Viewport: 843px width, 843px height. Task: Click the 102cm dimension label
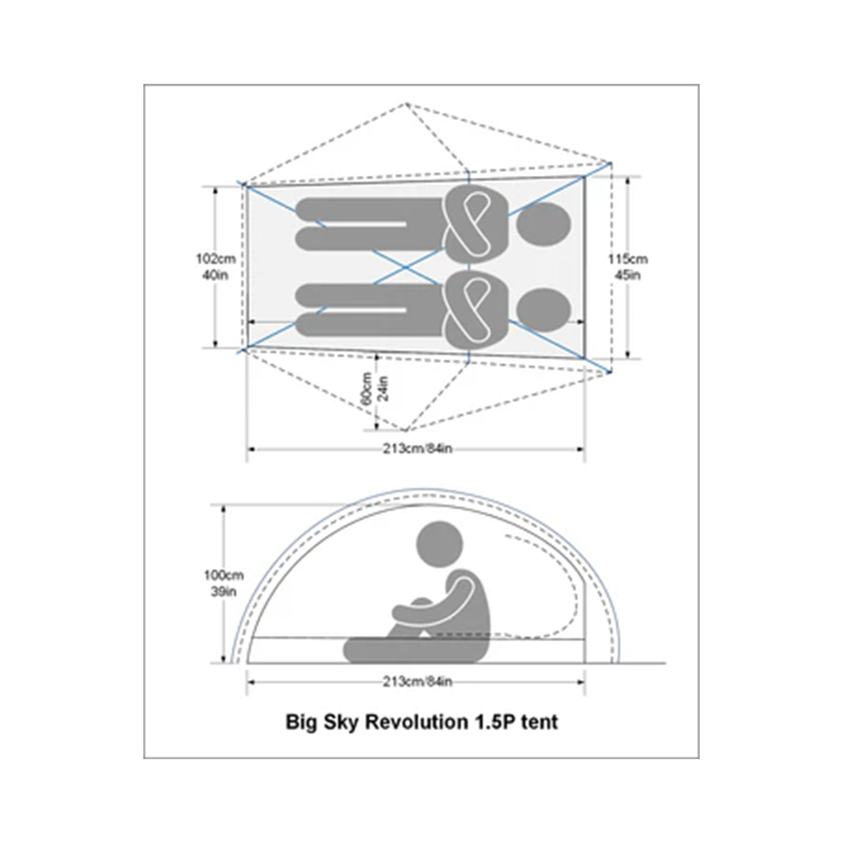[x=215, y=259]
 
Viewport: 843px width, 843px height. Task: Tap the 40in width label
[x=215, y=275]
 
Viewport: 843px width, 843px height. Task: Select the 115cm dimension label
[x=628, y=259]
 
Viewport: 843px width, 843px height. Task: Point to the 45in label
[x=628, y=275]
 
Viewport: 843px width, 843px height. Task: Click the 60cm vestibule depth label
[x=367, y=388]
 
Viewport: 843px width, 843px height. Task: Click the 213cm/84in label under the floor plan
[x=418, y=448]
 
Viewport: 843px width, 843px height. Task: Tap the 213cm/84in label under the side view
[x=418, y=682]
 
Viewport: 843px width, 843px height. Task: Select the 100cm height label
[x=224, y=575]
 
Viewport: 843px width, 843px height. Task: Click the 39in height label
[x=224, y=592]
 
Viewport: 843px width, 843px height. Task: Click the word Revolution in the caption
[x=416, y=722]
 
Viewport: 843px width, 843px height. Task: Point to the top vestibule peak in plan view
[x=406, y=103]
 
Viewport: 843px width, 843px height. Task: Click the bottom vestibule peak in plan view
[x=406, y=431]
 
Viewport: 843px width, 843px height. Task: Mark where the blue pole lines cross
[x=405, y=267]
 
